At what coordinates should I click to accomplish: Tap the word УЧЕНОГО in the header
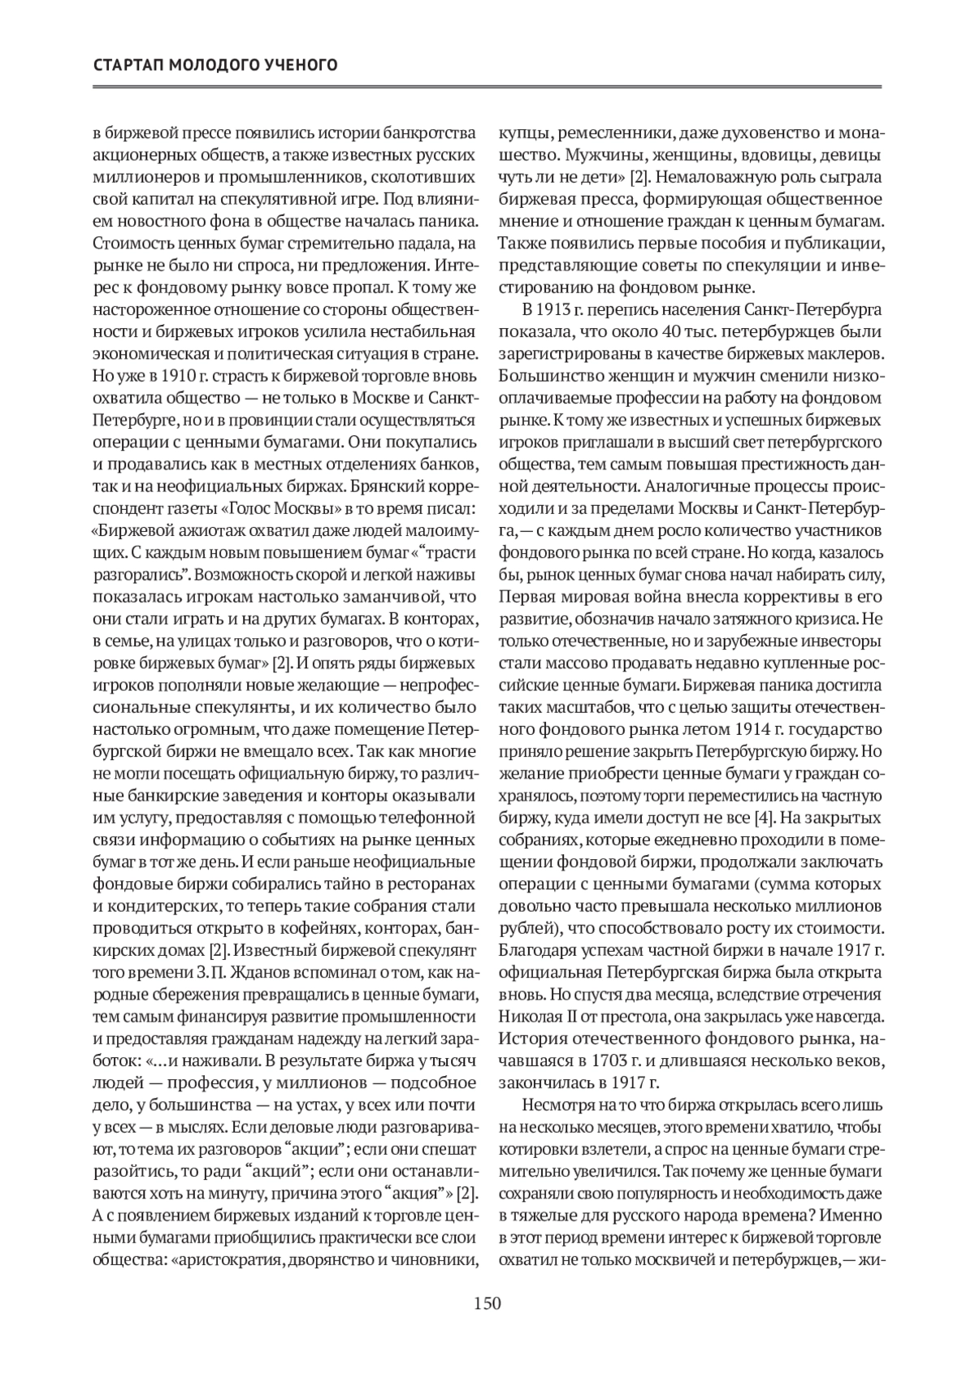(x=299, y=64)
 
